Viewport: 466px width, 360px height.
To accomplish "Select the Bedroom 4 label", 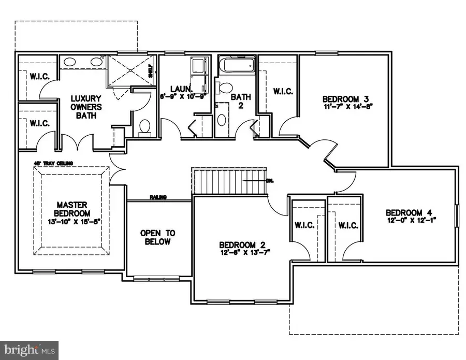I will [x=409, y=212].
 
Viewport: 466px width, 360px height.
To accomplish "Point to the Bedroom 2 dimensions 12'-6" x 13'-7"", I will [x=244, y=252].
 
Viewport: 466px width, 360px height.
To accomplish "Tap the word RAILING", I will [x=158, y=197].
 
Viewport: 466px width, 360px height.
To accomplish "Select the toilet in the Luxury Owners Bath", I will [x=145, y=126].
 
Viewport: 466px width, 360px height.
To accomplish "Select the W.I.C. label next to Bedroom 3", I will [x=283, y=91].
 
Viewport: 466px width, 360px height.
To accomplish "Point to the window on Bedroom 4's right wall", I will [x=457, y=215].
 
